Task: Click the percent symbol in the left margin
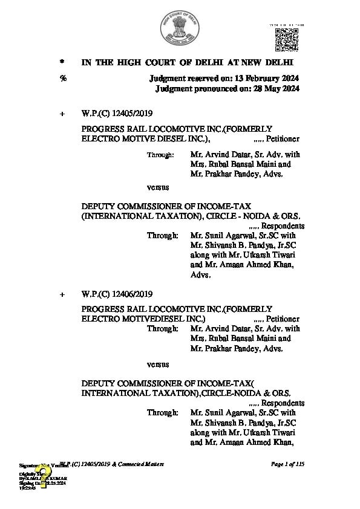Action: click(62, 79)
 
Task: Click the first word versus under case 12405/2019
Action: click(158, 187)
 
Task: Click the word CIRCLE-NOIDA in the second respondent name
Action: click(224, 393)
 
